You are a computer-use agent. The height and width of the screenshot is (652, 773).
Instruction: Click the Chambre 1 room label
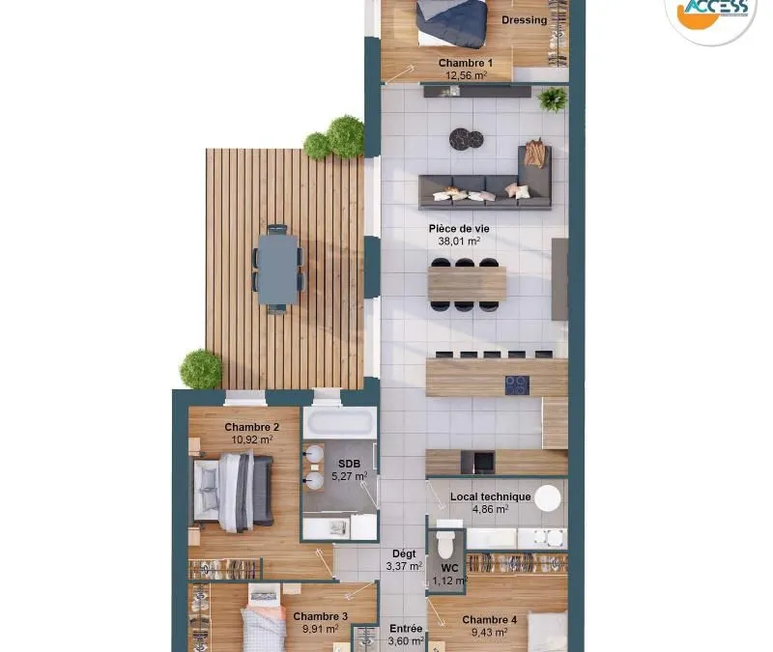pyautogui.click(x=466, y=63)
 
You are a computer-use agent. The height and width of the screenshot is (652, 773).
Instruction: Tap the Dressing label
pyautogui.click(x=524, y=20)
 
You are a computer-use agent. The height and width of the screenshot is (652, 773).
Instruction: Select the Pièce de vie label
pyautogui.click(x=459, y=229)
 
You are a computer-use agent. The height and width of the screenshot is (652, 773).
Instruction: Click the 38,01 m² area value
pyautogui.click(x=459, y=241)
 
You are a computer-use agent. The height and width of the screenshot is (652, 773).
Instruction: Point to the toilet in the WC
pyautogui.click(x=445, y=541)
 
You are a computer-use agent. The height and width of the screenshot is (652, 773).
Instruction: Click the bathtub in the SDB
pyautogui.click(x=339, y=423)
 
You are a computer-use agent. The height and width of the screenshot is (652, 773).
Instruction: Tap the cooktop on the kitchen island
pyautogui.click(x=517, y=384)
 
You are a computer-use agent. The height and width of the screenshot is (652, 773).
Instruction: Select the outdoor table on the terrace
pyautogui.click(x=278, y=269)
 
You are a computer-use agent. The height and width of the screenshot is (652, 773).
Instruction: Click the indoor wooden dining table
pyautogui.click(x=467, y=284)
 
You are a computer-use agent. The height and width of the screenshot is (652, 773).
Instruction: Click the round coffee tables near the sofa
pyautogui.click(x=466, y=138)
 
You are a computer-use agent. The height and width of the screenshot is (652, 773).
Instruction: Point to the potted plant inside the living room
pyautogui.click(x=552, y=99)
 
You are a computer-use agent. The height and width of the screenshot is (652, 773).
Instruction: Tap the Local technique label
pyautogui.click(x=490, y=496)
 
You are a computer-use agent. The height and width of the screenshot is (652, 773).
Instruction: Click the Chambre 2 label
pyautogui.click(x=252, y=427)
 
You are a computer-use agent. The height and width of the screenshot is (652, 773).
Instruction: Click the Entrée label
pyautogui.click(x=406, y=629)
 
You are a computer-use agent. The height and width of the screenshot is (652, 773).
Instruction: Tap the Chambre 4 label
pyautogui.click(x=489, y=620)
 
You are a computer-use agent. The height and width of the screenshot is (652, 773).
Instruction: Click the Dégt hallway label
pyautogui.click(x=404, y=553)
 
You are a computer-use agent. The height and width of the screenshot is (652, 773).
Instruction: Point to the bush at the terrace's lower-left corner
pyautogui.click(x=201, y=369)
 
